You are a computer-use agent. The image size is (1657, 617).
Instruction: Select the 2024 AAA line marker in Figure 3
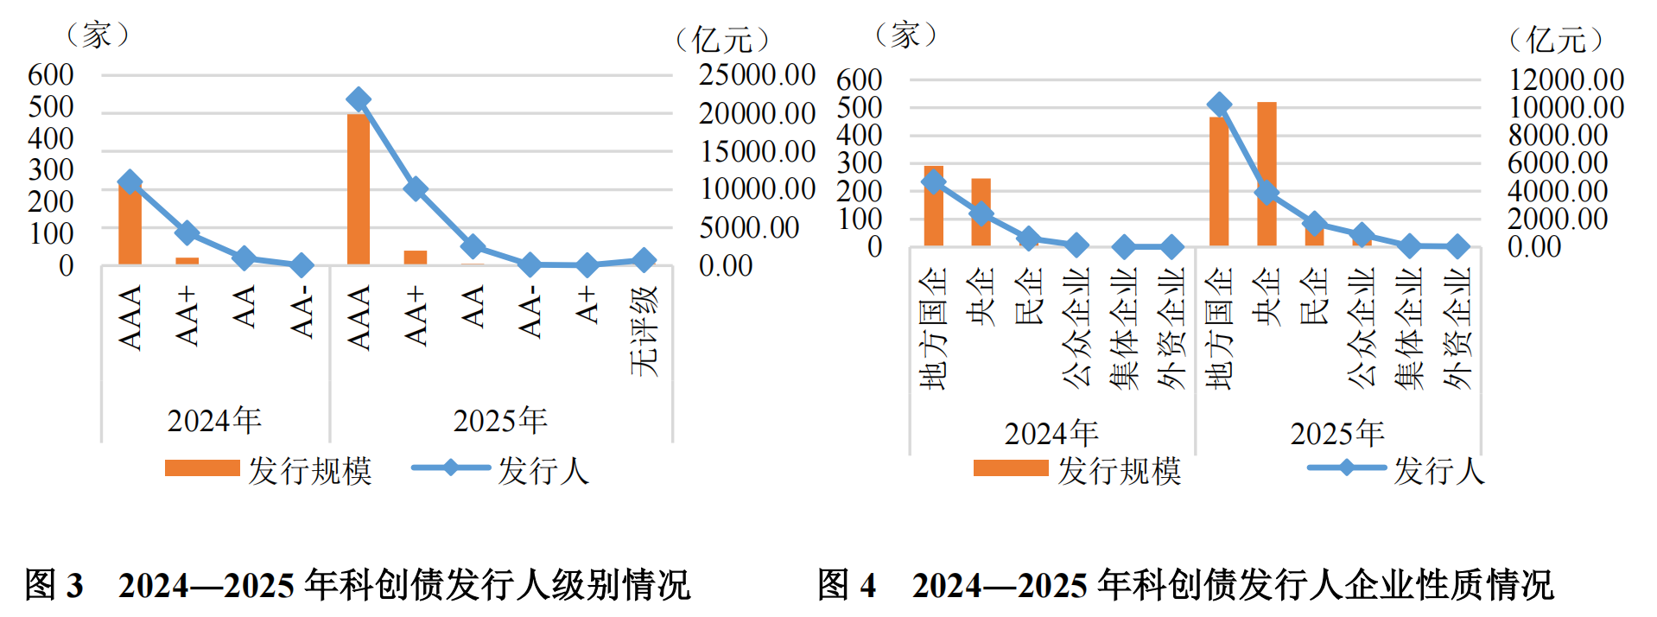point(130,182)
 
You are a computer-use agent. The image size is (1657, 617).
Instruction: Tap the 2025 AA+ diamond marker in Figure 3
point(416,189)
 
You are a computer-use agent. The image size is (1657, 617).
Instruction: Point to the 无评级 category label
point(644,330)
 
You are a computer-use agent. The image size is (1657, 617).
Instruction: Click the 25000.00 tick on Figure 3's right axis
point(757,75)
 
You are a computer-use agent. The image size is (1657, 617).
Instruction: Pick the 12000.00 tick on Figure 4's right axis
point(1565,80)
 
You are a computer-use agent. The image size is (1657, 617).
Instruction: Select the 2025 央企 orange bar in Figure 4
point(1267,173)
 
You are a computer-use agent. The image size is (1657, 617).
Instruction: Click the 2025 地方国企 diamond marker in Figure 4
point(1219,105)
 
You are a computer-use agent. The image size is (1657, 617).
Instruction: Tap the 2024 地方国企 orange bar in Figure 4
point(933,206)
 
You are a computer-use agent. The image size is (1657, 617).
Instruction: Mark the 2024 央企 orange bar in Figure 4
point(981,212)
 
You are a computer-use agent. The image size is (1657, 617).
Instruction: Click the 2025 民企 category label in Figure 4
point(1314,296)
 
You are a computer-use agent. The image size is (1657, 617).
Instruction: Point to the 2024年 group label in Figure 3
point(214,421)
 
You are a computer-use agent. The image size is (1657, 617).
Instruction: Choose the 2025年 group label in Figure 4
point(1337,433)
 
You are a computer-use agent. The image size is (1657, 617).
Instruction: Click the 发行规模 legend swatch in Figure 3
point(202,468)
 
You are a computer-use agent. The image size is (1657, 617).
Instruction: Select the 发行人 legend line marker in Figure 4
point(1346,468)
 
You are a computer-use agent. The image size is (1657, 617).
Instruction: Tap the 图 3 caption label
point(54,585)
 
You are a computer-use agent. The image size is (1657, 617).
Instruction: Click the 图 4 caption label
point(847,585)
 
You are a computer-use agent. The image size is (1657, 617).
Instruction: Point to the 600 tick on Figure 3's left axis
point(51,75)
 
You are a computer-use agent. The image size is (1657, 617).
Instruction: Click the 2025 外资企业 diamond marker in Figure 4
point(1457,247)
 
